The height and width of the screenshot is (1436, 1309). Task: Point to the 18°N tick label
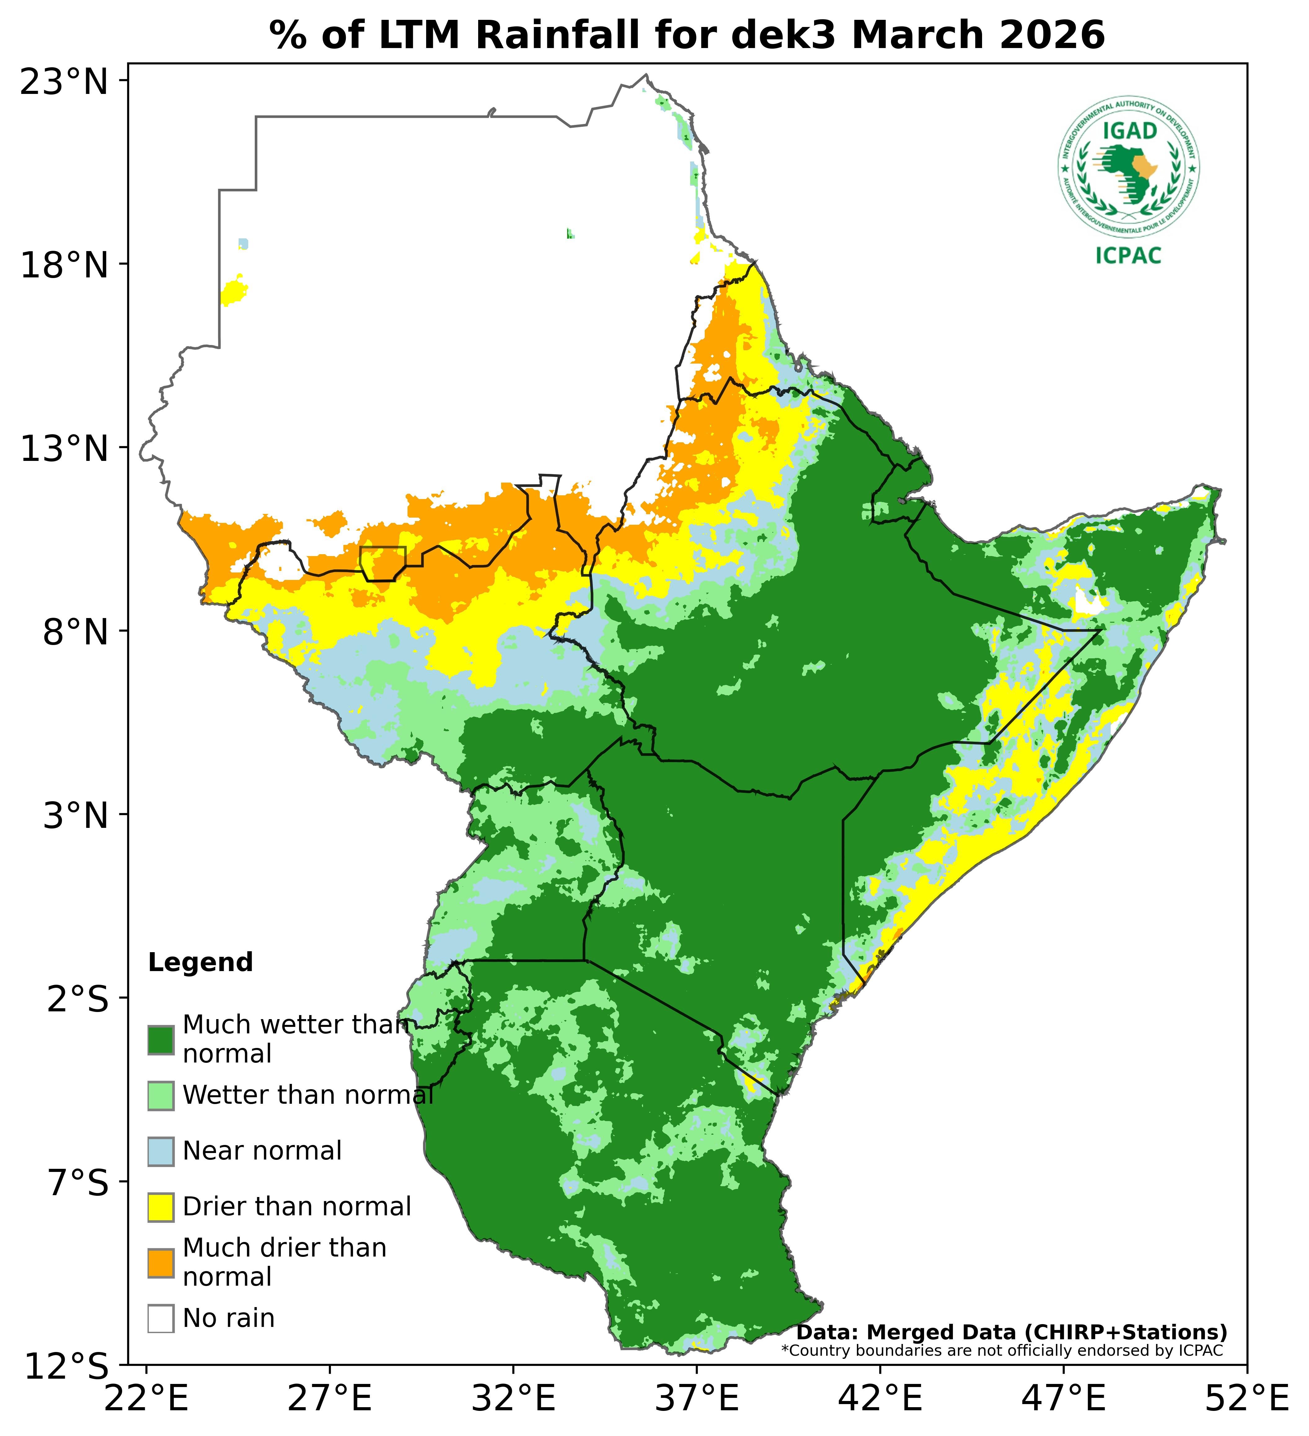click(x=64, y=266)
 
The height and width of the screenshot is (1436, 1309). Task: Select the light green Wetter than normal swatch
click(x=161, y=1096)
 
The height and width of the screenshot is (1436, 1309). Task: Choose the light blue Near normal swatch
click(x=161, y=1151)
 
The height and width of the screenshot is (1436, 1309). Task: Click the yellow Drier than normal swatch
click(x=161, y=1207)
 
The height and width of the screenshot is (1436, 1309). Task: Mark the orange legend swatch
click(x=161, y=1262)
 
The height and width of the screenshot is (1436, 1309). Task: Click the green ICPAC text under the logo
click(x=1129, y=255)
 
